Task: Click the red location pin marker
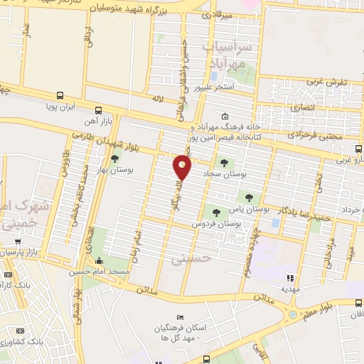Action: pyautogui.click(x=182, y=166)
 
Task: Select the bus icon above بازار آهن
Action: pyautogui.click(x=97, y=110)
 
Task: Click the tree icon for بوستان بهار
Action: pyautogui.click(x=114, y=148)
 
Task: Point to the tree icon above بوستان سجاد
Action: pyautogui.click(x=225, y=163)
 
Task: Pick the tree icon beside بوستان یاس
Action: pyautogui.click(x=249, y=198)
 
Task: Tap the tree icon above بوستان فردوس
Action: pyautogui.click(x=216, y=213)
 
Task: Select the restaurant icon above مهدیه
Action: pyautogui.click(x=289, y=278)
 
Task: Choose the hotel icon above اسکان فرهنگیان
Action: pyautogui.click(x=179, y=318)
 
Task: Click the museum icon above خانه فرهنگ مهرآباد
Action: pyautogui.click(x=225, y=117)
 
